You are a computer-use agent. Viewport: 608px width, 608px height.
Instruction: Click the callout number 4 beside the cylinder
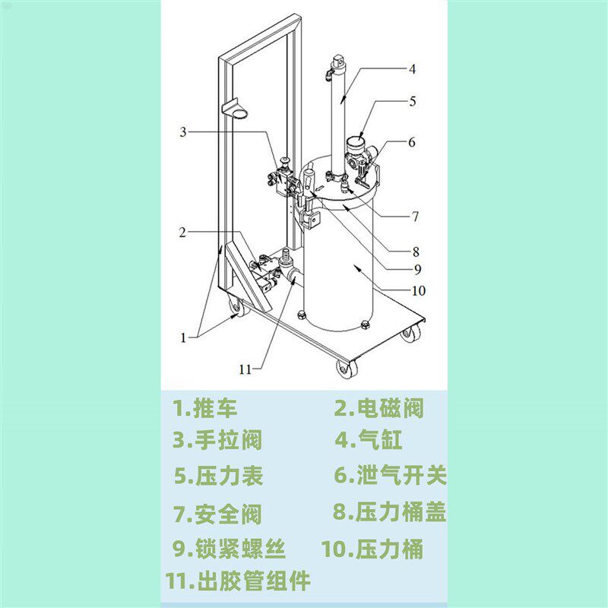412,69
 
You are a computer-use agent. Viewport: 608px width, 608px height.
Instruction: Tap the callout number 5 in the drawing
412,100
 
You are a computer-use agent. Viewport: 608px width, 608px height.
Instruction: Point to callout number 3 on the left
182,132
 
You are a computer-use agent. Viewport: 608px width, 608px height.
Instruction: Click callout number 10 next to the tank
418,290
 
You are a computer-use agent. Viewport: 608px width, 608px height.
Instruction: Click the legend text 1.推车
205,409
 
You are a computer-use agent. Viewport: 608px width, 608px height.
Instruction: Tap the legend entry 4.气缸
368,440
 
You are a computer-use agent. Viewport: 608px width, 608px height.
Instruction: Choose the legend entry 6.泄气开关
390,476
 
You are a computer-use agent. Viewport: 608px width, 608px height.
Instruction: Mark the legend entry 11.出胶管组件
239,581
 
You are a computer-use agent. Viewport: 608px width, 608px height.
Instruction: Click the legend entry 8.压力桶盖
389,511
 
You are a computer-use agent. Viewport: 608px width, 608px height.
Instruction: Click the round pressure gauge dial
355,144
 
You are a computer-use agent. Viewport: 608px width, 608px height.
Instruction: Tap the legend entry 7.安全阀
217,514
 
